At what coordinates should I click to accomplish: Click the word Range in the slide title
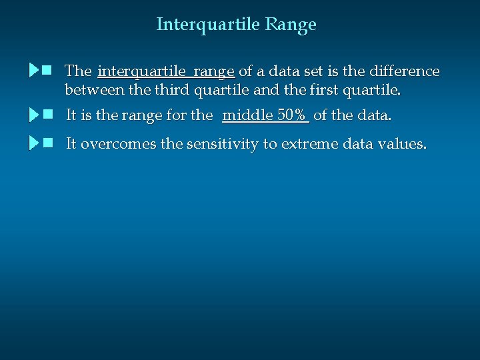[290, 25]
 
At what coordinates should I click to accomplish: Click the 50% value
[291, 115]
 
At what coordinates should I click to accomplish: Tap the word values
[402, 144]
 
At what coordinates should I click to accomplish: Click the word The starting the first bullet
[78, 71]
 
